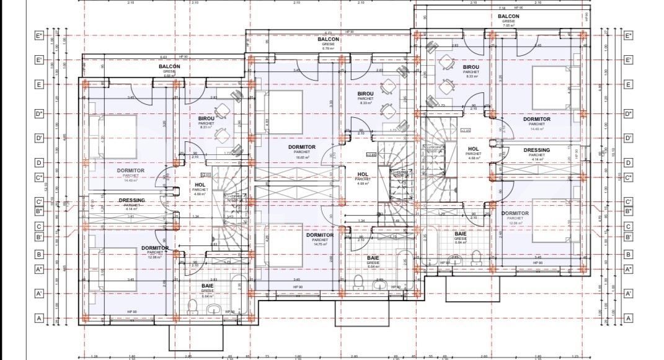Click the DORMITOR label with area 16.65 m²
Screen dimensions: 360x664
[302, 147]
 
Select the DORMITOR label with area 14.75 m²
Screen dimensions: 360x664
[320, 235]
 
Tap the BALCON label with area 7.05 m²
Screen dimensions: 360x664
[508, 16]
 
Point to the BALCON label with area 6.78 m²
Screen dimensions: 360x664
[328, 39]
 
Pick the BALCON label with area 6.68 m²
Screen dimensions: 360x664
[169, 66]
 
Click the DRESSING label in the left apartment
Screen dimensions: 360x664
[131, 200]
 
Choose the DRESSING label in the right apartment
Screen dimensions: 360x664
[536, 150]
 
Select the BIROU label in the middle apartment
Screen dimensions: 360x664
[366, 94]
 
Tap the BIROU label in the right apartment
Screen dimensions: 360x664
[471, 67]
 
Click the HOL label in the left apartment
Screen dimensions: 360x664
[200, 185]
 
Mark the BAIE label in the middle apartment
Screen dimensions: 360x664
[373, 257]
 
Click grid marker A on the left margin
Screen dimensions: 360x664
[38, 318]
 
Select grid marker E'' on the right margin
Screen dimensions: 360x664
[628, 36]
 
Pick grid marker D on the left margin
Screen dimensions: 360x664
[38, 163]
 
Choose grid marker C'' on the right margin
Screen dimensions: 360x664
[628, 178]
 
